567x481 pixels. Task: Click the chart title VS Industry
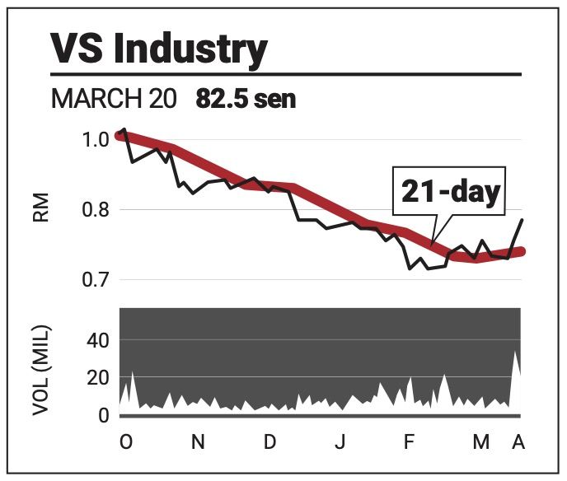[159, 50]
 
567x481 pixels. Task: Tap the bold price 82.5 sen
[246, 100]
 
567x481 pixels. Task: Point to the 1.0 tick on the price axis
[96, 139]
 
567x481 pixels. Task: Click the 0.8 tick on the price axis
[96, 210]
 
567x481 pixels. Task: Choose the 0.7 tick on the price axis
[96, 280]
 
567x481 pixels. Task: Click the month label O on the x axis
[125, 442]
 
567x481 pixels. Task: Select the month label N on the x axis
[198, 442]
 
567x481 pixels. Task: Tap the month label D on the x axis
[269, 442]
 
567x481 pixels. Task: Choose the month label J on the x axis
[340, 442]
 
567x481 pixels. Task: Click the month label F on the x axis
[409, 442]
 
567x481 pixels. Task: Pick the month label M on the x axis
[480, 442]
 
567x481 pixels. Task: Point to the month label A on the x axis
[518, 442]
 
